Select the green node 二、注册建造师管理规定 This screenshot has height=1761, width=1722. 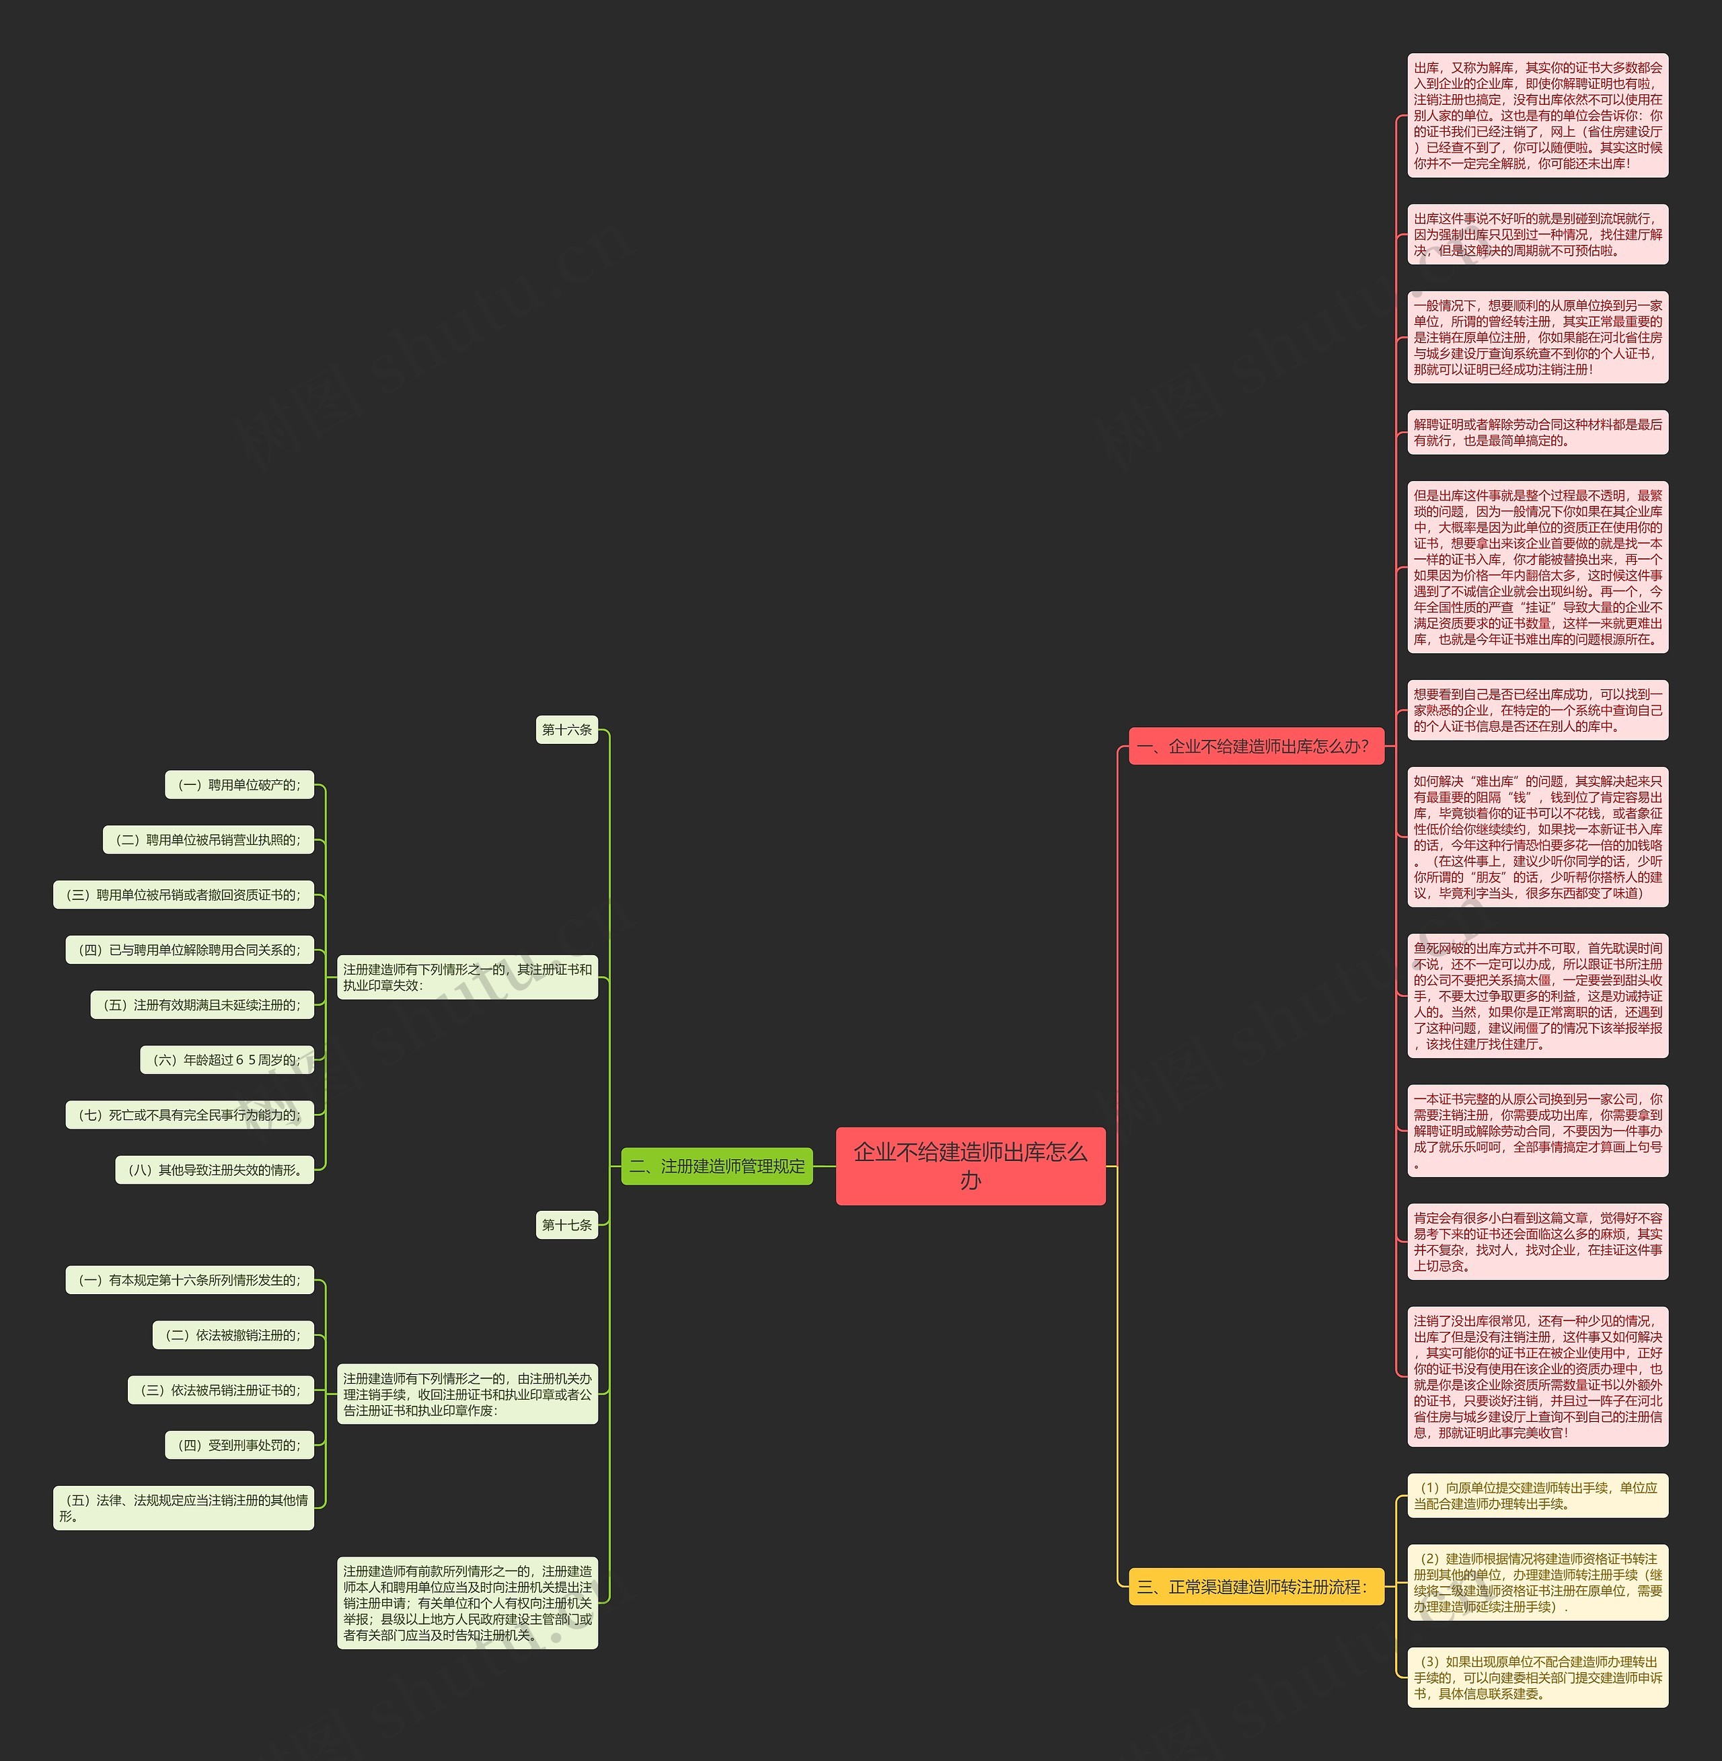pyautogui.click(x=716, y=1166)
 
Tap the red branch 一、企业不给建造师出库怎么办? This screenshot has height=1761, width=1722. pyautogui.click(x=1255, y=746)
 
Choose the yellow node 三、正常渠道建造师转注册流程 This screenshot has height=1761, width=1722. pyautogui.click(x=1255, y=1586)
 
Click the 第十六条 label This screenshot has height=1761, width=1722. pyautogui.click(x=567, y=730)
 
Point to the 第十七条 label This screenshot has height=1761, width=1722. pyautogui.click(x=567, y=1225)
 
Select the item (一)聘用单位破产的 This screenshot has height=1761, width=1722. pyautogui.click(x=239, y=785)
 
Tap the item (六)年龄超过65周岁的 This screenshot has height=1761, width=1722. pyautogui.click(x=226, y=1060)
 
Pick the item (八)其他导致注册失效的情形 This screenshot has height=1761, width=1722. pyautogui.click(x=215, y=1170)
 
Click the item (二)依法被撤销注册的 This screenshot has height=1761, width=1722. pyautogui.click(x=233, y=1335)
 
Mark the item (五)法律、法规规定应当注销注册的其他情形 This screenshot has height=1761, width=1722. pyautogui.click(x=184, y=1508)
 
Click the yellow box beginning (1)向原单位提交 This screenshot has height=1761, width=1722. pyautogui.click(x=1538, y=1496)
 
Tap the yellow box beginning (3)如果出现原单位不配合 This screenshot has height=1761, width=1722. pyautogui.click(x=1538, y=1678)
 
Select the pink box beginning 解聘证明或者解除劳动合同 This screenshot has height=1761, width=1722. pyautogui.click(x=1538, y=433)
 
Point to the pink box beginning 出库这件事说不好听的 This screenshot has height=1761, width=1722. pyautogui.click(x=1538, y=234)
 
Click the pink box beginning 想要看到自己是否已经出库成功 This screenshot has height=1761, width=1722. pyautogui.click(x=1538, y=710)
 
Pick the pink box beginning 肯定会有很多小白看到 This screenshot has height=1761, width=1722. pyautogui.click(x=1538, y=1242)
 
